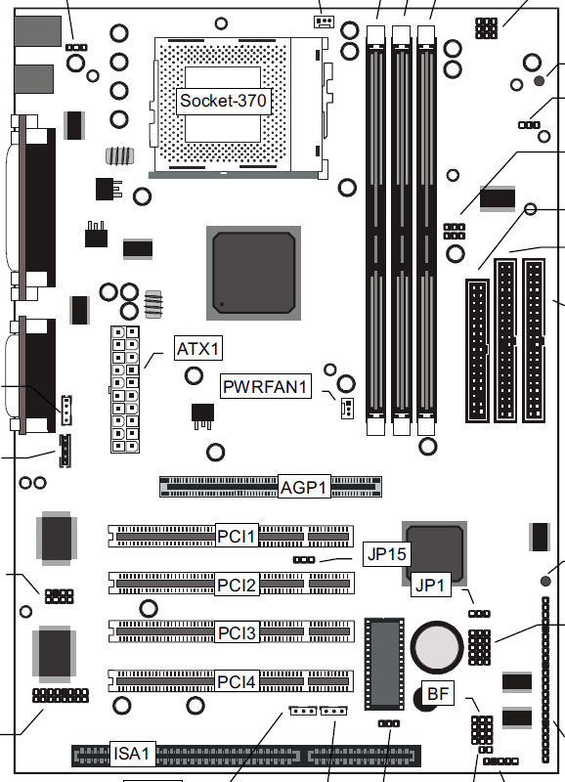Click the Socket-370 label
tap(223, 102)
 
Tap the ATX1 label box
tap(198, 349)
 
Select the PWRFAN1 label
tap(266, 386)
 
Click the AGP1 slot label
tap(304, 487)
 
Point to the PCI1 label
tap(237, 536)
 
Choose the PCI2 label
tap(237, 585)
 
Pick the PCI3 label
tap(237, 632)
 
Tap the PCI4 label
tap(237, 681)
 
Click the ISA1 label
tap(132, 754)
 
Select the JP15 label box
tap(387, 554)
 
